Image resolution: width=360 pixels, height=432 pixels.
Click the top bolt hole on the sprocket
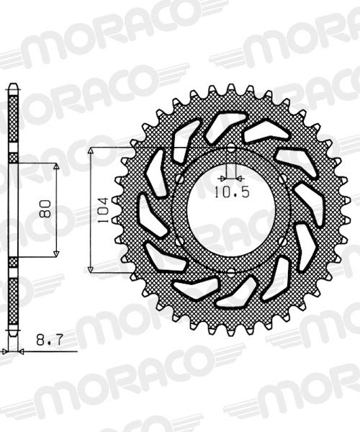coord(231,148)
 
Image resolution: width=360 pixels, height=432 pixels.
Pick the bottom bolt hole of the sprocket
coord(231,272)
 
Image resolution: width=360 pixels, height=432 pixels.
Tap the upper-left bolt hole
coord(179,179)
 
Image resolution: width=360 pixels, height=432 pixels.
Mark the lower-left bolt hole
coord(179,241)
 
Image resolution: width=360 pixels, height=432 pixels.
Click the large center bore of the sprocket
coord(231,210)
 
